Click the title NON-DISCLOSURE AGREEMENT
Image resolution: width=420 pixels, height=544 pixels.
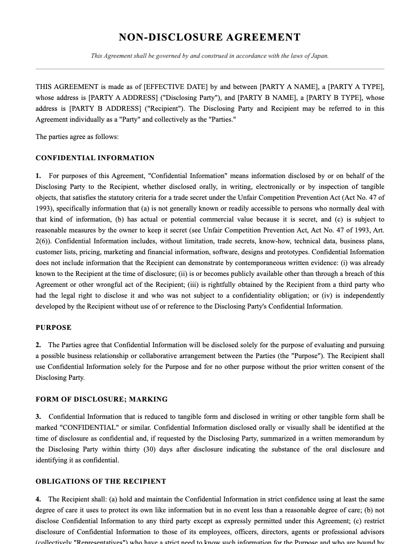pyautogui.click(x=210, y=37)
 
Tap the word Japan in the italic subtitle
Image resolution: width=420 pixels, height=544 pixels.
pyautogui.click(x=319, y=56)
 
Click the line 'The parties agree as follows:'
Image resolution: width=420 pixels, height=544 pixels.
pyautogui.click(x=77, y=136)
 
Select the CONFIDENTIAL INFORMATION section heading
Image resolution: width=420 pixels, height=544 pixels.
pyautogui.click(x=95, y=158)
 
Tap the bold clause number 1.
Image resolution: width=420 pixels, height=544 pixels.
pyautogui.click(x=38, y=176)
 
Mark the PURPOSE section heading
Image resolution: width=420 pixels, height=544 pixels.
pyautogui.click(x=53, y=327)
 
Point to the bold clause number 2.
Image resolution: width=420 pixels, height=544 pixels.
pyautogui.click(x=38, y=345)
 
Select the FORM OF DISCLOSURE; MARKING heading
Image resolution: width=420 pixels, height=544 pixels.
pyautogui.click(x=101, y=399)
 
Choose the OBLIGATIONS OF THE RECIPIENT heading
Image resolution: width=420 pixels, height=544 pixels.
pyautogui.click(x=101, y=481)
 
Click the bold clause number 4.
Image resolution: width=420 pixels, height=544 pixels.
pyautogui.click(x=38, y=499)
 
